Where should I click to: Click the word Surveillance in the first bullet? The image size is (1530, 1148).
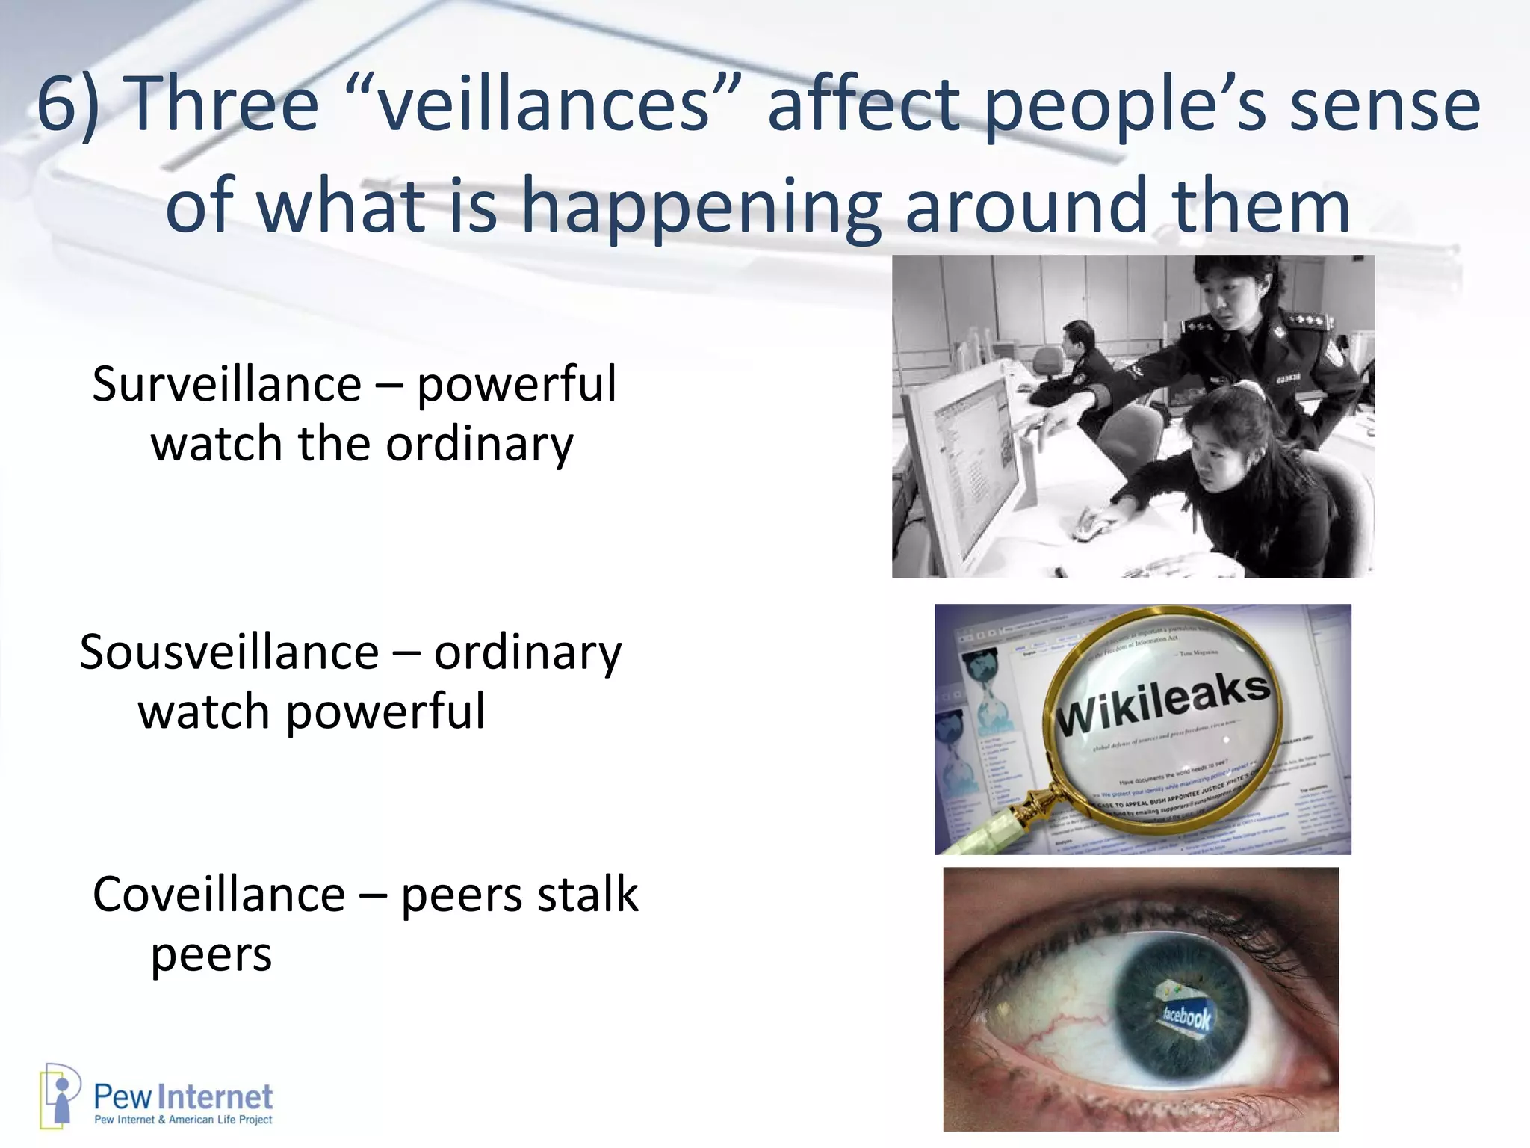click(x=226, y=384)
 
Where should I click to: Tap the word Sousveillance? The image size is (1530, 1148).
click(x=229, y=652)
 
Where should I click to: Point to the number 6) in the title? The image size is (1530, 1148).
click(x=68, y=105)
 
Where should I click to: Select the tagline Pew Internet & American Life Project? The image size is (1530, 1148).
click(x=183, y=1120)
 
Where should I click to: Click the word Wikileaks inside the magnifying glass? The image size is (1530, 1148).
click(x=1162, y=703)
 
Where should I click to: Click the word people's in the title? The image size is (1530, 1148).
click(x=1124, y=105)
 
